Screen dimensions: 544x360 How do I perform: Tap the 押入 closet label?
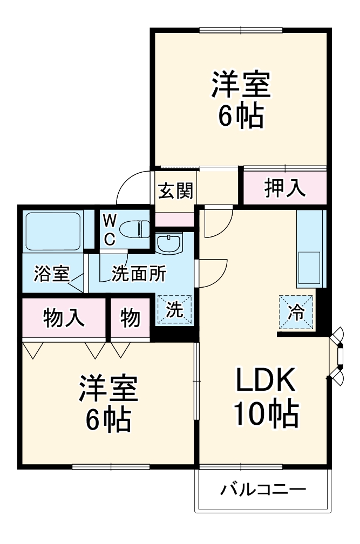pyautogui.click(x=284, y=188)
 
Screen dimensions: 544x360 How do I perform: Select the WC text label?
pyautogui.click(x=110, y=230)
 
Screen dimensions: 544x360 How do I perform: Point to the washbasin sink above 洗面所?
pyautogui.click(x=170, y=243)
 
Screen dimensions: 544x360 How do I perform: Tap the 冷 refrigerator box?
pyautogui.click(x=296, y=312)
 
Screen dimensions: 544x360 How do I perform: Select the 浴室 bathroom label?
pyautogui.click(x=51, y=274)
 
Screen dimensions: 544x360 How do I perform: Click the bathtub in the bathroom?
pyautogui.click(x=53, y=231)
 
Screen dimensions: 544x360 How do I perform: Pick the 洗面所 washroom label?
pyautogui.click(x=139, y=274)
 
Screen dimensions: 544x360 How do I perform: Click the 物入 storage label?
pyautogui.click(x=64, y=318)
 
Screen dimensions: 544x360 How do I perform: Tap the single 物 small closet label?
pyautogui.click(x=130, y=318)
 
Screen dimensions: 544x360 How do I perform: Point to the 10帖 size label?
pyautogui.click(x=265, y=414)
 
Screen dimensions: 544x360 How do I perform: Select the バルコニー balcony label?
pyautogui.click(x=263, y=490)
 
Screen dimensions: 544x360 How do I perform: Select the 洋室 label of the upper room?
pyautogui.click(x=240, y=85)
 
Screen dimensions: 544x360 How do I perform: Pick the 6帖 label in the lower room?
pyautogui.click(x=108, y=420)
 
